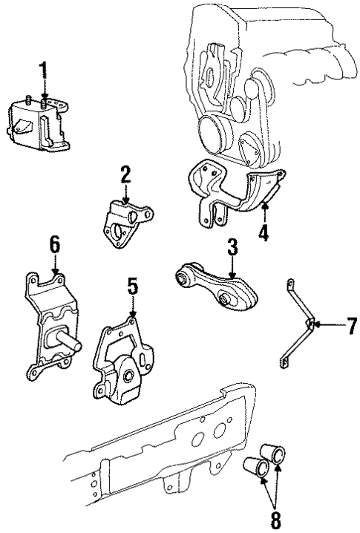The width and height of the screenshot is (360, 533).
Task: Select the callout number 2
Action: [x=125, y=175]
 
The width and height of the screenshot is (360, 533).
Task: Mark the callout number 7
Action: [x=331, y=325]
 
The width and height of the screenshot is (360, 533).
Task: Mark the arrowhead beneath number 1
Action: [x=43, y=97]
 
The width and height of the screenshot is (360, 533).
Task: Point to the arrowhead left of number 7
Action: [x=312, y=324]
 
